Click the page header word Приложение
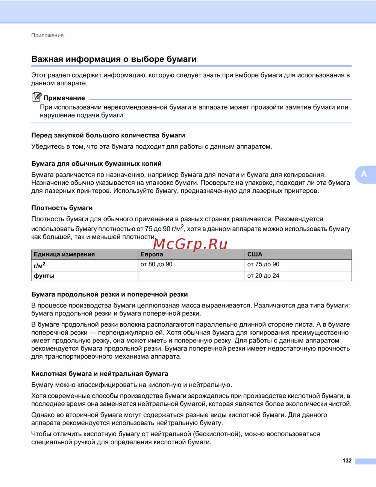(47, 35)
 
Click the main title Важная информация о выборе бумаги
(114, 59)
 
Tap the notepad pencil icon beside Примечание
(36, 97)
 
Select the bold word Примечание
(64, 98)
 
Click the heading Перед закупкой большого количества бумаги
(108, 135)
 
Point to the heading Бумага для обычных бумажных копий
(96, 164)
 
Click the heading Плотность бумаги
(62, 208)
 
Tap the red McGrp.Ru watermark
(190, 244)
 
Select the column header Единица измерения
(64, 254)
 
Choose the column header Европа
(152, 254)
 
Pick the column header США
(255, 254)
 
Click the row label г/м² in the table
(39, 265)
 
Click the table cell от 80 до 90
(156, 265)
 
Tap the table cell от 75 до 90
(263, 265)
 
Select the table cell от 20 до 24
(263, 276)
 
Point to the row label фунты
(44, 276)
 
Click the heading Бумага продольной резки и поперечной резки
(109, 294)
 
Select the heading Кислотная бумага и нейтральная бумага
(100, 374)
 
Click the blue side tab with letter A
(364, 174)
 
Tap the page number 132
(347, 461)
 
